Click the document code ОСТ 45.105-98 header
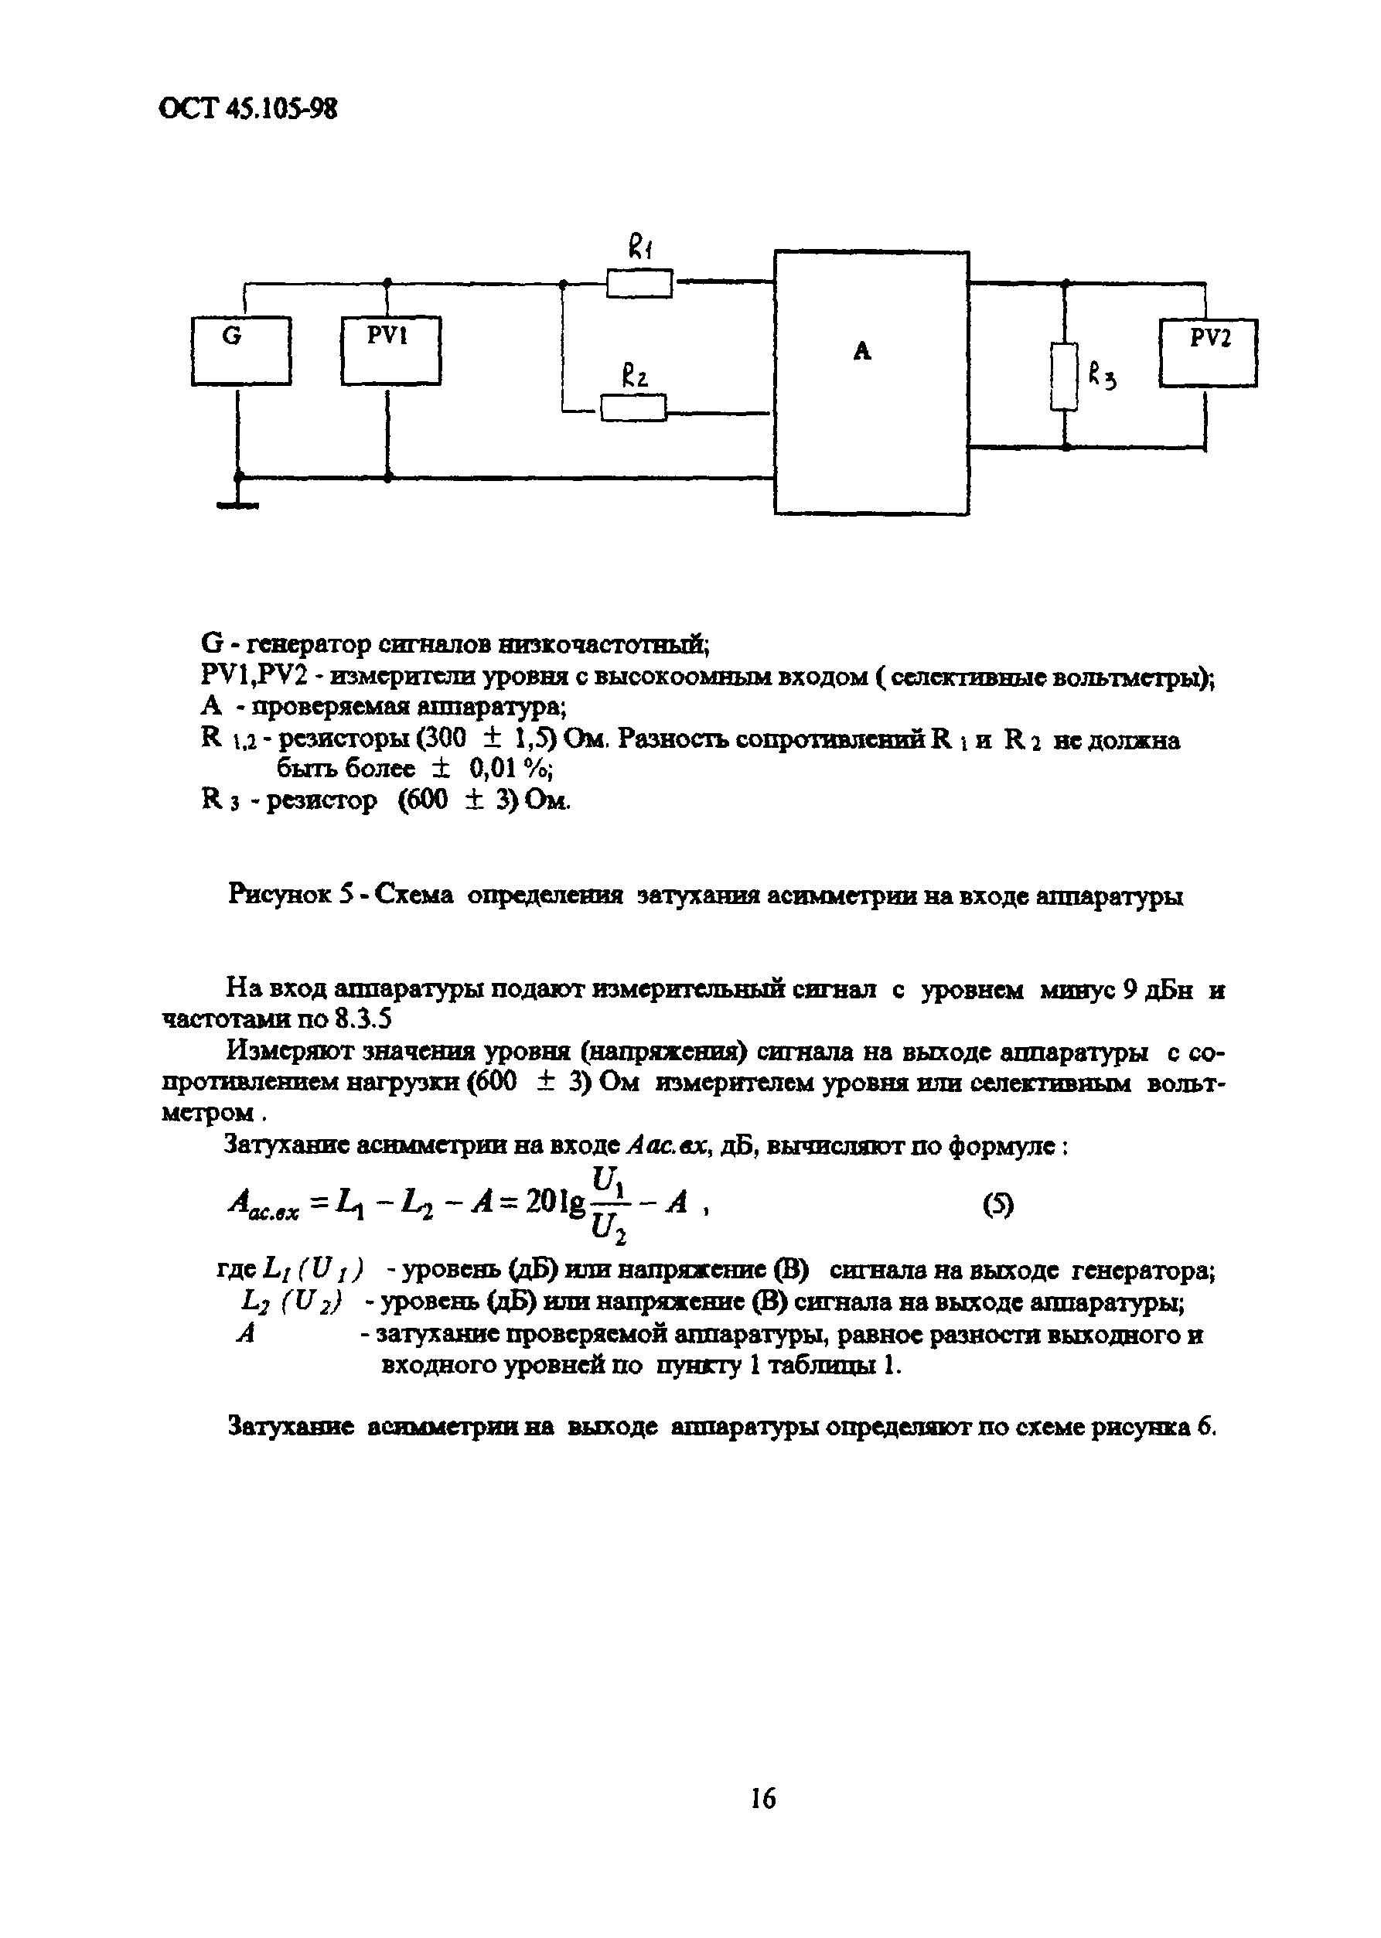tap(247, 109)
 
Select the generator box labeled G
tap(240, 350)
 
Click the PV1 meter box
tap(390, 350)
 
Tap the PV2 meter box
tap(1209, 352)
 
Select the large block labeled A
tap(871, 383)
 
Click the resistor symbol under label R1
tap(639, 283)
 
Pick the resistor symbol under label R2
tap(633, 409)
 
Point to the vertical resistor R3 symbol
tap(1064, 376)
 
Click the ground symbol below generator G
tap(238, 504)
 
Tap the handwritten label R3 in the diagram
tap(1101, 375)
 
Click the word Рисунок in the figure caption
tap(279, 896)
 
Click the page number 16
tap(762, 1798)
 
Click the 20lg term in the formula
tap(555, 1203)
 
